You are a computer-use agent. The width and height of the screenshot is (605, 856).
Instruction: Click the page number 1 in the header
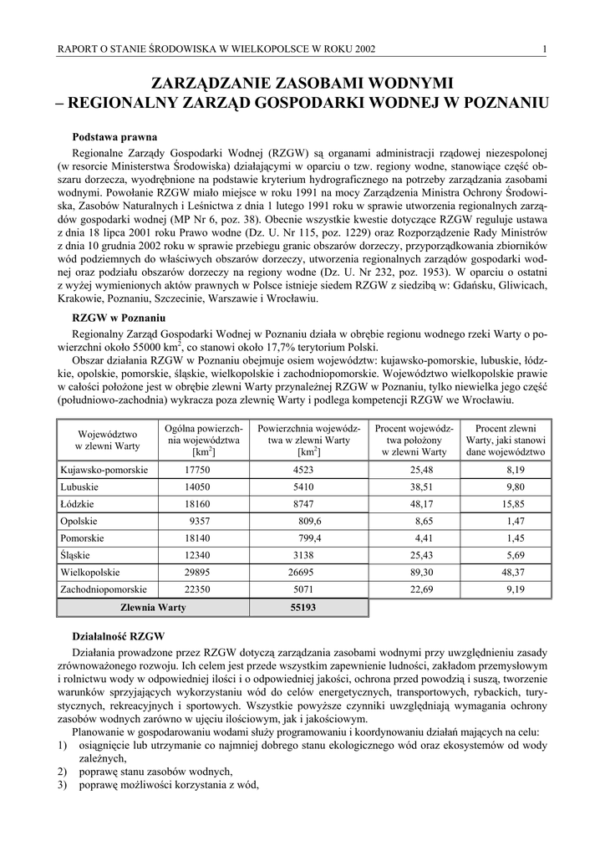tap(544, 48)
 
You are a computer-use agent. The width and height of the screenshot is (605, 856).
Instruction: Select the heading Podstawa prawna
tap(113, 136)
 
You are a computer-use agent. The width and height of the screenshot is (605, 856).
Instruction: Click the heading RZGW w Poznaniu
tap(119, 318)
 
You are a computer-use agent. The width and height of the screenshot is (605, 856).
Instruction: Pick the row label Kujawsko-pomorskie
tap(104, 470)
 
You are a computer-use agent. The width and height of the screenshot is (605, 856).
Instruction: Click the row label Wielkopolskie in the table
tap(90, 573)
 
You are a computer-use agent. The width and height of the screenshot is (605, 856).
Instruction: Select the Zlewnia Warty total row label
tap(154, 608)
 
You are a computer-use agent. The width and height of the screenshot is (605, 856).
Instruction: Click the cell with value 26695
tap(302, 573)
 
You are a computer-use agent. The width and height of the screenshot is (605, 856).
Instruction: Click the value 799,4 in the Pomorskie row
tap(310, 538)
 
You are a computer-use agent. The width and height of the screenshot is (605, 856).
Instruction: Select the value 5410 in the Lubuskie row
tap(302, 487)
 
